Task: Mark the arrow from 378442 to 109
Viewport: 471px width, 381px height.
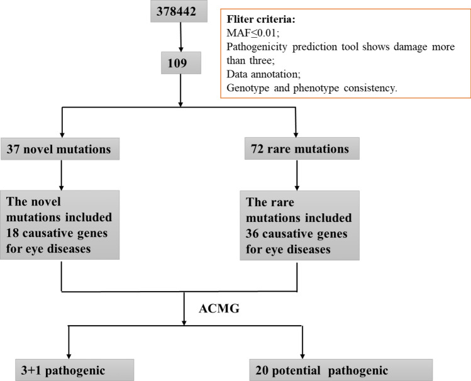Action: [181, 39]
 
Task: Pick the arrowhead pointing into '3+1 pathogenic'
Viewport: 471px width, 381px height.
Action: [68, 353]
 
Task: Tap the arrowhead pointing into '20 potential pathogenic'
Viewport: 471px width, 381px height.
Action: [303, 353]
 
